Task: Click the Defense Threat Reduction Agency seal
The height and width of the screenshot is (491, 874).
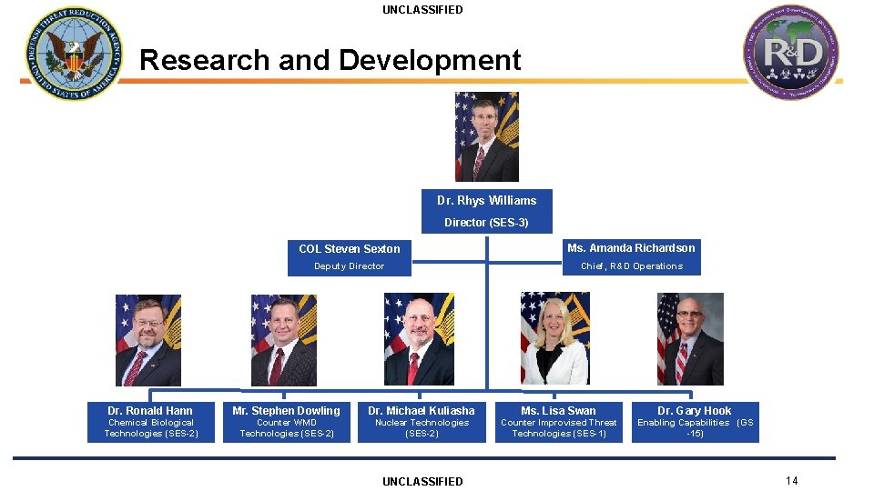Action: [73, 54]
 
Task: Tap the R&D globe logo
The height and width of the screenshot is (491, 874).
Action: [789, 52]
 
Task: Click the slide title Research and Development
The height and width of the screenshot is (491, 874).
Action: [330, 60]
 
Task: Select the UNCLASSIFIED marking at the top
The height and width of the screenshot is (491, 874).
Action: [422, 10]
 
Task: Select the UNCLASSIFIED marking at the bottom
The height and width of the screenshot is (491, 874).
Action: [422, 481]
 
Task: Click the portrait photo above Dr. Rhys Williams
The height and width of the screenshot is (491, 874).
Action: [487, 137]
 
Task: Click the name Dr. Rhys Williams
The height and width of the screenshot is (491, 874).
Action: [486, 200]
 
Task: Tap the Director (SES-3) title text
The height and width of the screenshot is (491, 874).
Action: [486, 222]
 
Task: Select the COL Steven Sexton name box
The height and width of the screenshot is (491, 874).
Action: [350, 248]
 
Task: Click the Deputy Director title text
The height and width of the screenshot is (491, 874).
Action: [350, 266]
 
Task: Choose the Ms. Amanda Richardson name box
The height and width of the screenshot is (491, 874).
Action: [631, 248]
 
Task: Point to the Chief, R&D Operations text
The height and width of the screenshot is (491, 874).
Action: [632, 266]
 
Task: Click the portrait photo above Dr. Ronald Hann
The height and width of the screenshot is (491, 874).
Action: [148, 340]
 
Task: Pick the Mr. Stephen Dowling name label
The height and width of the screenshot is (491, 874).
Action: [286, 411]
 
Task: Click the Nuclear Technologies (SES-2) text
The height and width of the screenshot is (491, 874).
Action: [422, 428]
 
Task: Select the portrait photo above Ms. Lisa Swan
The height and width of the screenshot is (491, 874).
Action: [555, 338]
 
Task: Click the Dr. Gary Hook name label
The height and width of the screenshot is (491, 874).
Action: [695, 411]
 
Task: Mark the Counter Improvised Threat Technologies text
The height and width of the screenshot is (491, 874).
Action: [559, 428]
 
